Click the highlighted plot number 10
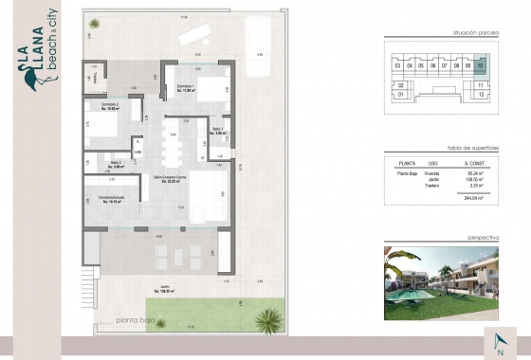481,65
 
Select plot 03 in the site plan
397,65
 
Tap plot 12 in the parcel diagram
482,95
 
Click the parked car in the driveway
256,43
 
